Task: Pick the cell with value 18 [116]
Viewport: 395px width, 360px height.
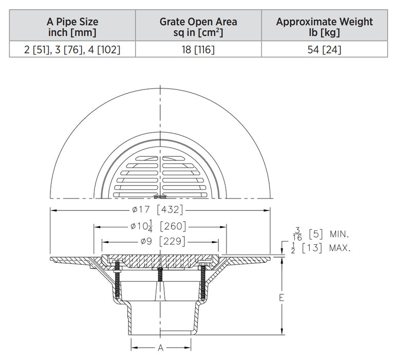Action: [x=198, y=50]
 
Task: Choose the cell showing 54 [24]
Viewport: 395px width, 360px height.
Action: [x=324, y=50]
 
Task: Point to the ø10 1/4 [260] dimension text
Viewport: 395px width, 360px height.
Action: [x=157, y=226]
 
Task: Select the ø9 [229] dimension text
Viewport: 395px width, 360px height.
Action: [x=158, y=242]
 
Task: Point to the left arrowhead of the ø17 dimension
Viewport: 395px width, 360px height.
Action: [x=52, y=210]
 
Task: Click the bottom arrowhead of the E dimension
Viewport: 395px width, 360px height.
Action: [x=282, y=332]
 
